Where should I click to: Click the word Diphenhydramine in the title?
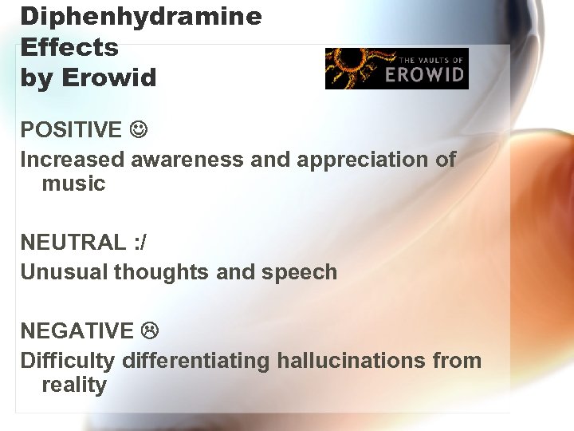(141, 17)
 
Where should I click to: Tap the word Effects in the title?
(69, 47)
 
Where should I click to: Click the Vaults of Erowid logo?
(396, 69)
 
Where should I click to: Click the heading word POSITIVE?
(71, 129)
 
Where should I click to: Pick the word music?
(73, 184)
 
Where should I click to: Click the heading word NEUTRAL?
(73, 242)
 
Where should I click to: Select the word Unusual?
(64, 272)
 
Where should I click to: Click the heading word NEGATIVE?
(77, 330)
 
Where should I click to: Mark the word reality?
(73, 385)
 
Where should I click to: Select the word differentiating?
(196, 361)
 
